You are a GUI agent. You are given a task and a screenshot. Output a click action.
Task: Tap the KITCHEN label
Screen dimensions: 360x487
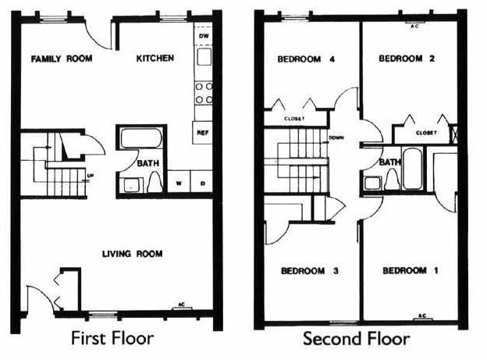tap(155, 59)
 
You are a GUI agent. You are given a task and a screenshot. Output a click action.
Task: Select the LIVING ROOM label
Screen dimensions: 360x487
tap(132, 253)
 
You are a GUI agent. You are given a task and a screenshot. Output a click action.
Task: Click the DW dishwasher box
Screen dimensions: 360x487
tap(204, 37)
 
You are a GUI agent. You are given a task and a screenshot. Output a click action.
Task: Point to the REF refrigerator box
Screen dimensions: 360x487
tap(203, 133)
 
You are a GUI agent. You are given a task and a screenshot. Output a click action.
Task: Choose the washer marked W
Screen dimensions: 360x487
tap(179, 184)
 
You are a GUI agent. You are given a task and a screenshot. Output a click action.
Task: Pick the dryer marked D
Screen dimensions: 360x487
tap(202, 184)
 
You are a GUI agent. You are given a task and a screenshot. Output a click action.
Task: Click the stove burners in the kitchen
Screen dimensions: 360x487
tap(204, 93)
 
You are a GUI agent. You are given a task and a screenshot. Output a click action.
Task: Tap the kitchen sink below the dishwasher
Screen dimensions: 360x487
tap(204, 57)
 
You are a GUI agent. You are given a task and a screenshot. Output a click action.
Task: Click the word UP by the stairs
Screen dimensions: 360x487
tap(91, 175)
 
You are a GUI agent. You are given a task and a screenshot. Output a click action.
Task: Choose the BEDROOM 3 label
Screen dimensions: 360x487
tap(309, 271)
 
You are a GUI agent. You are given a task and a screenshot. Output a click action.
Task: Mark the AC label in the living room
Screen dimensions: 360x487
tap(181, 305)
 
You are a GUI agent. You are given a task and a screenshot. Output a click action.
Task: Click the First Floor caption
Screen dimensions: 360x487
tap(112, 339)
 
